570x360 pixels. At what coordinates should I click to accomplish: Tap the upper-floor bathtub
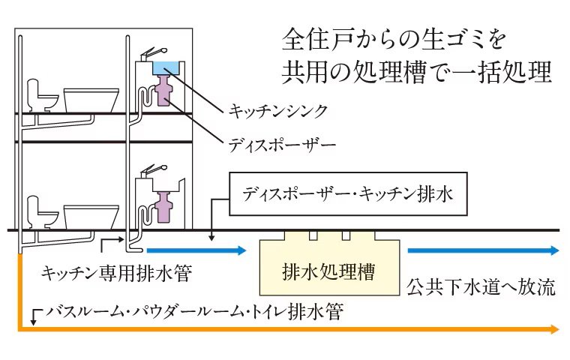91,98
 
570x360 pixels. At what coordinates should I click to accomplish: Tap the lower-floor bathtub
91,215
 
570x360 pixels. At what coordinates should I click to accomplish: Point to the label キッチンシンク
277,111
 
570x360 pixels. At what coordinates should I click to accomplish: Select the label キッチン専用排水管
116,274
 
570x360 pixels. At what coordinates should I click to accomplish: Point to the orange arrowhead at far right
553,328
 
